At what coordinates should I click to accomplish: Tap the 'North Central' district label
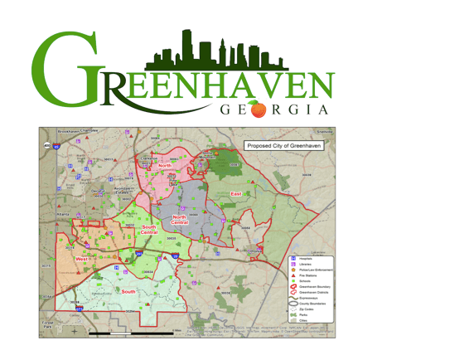(x=180, y=220)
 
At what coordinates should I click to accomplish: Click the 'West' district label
(x=83, y=260)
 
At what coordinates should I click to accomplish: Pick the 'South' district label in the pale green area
(x=128, y=291)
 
